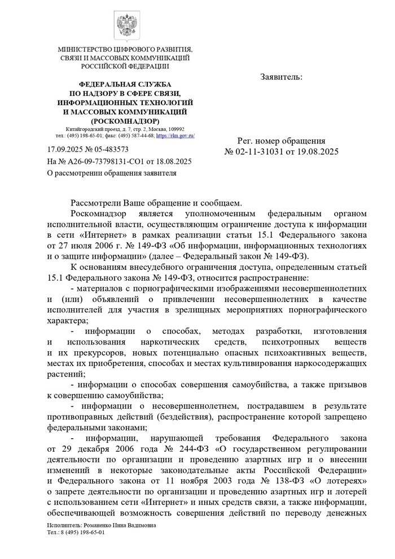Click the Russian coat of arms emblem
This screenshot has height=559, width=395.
coord(125,25)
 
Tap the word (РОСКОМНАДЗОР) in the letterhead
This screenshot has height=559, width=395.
coord(125,121)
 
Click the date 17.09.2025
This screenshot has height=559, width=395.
coord(65,150)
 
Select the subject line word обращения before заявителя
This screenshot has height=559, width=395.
coord(124,173)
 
